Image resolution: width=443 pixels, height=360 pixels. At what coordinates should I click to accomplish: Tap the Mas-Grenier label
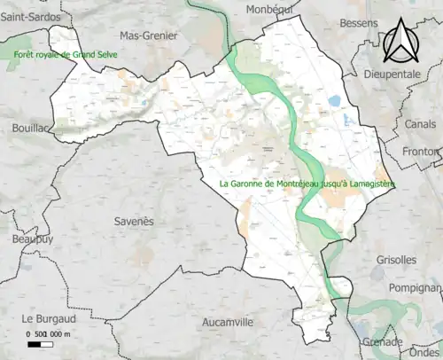148,36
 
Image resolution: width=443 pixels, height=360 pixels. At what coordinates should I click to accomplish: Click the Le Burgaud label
51,317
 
